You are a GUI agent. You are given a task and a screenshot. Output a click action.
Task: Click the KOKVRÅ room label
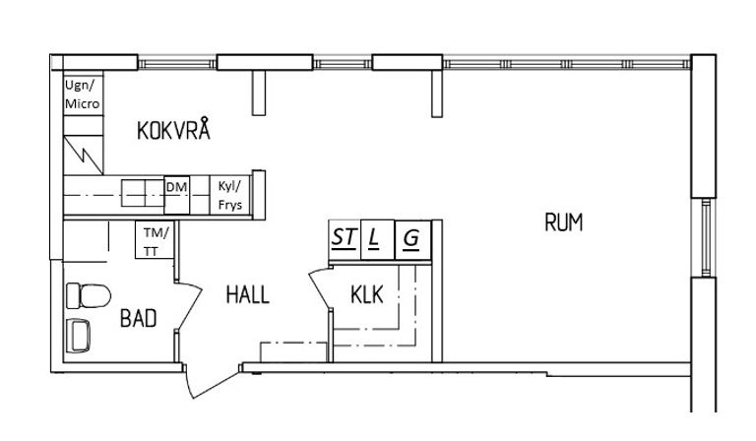(173, 129)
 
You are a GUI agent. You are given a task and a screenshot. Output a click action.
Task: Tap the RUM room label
(564, 222)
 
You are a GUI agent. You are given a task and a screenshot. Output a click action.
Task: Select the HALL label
(247, 294)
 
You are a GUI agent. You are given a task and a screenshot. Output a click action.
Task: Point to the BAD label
(139, 318)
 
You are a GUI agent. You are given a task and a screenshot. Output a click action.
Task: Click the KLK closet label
(367, 294)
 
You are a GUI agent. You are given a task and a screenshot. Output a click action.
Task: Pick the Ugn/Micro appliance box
(83, 94)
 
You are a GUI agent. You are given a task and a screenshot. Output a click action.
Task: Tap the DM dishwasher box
(176, 195)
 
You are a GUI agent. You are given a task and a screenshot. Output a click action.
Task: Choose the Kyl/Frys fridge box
(230, 195)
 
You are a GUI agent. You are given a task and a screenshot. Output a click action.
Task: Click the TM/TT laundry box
(155, 240)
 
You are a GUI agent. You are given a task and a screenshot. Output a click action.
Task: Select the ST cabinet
(345, 239)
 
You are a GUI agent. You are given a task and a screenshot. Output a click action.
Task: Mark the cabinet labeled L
(378, 239)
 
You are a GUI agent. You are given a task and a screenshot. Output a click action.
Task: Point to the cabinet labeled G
(412, 239)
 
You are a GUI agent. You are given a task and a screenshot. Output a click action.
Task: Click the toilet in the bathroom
(89, 295)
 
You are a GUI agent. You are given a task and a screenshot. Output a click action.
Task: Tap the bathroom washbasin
(79, 335)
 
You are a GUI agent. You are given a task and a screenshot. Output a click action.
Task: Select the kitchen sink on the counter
(143, 193)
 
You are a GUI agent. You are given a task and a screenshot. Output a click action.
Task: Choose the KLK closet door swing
(320, 288)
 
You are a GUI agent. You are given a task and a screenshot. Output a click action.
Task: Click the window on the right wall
(707, 237)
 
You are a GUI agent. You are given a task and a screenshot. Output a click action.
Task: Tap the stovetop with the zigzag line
(84, 155)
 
